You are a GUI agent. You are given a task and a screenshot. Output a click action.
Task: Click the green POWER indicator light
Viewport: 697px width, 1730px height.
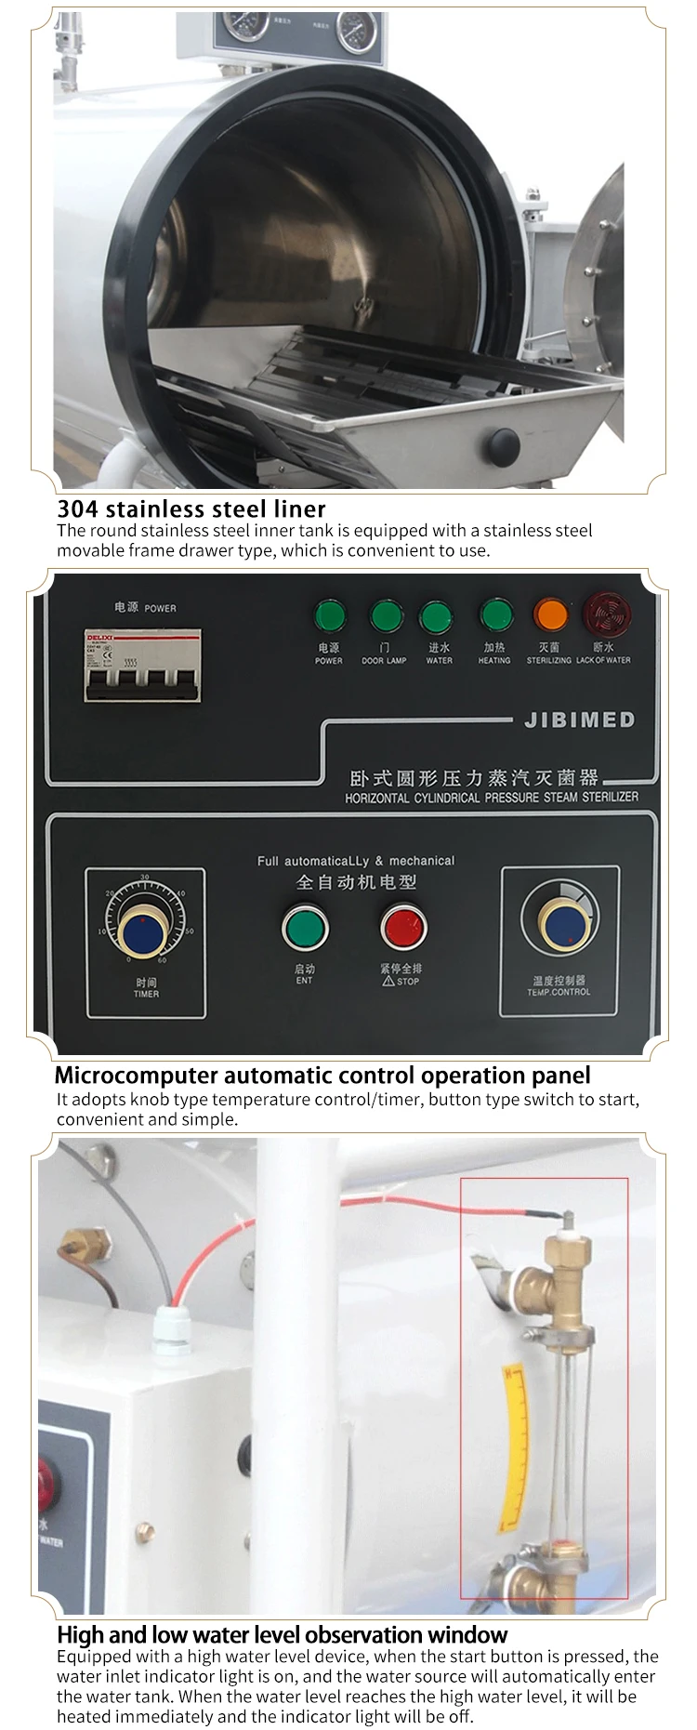click(x=329, y=615)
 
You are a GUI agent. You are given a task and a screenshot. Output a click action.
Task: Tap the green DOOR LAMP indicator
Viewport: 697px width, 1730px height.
click(x=385, y=615)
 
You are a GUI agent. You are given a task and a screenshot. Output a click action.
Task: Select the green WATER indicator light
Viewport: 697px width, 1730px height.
click(x=436, y=616)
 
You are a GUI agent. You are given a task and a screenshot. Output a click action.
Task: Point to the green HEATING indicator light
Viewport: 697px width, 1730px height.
click(x=495, y=614)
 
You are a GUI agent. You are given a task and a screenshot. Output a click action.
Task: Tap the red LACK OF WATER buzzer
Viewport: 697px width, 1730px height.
click(x=601, y=614)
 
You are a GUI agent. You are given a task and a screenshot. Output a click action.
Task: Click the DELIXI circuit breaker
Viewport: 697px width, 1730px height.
click(x=143, y=665)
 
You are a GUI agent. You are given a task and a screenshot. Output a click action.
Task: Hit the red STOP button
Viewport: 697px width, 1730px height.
click(x=403, y=927)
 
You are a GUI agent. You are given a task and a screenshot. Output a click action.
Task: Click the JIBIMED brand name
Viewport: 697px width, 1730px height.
click(x=579, y=720)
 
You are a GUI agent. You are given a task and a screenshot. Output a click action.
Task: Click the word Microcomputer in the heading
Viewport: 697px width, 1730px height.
click(x=136, y=1076)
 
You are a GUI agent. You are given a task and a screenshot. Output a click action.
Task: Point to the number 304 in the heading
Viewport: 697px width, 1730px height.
click(x=77, y=508)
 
